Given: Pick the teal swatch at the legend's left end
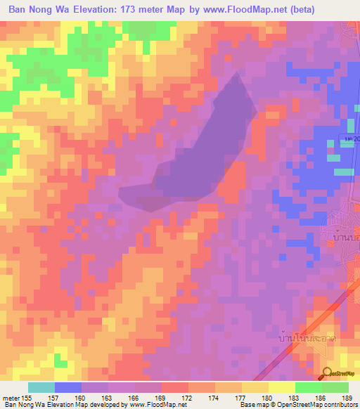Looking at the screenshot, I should click(41, 387).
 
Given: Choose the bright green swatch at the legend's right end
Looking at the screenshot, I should click(335, 387).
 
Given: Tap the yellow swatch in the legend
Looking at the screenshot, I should click(281, 387).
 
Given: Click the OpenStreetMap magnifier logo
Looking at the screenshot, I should click(327, 372).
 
